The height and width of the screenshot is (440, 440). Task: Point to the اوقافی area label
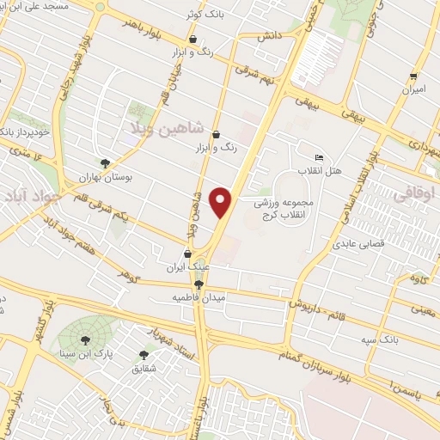tap(415, 195)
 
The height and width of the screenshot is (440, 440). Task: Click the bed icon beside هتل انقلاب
tap(320, 157)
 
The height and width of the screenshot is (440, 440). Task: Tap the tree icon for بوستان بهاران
tap(105, 162)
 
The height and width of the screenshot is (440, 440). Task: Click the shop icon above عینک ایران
tap(188, 254)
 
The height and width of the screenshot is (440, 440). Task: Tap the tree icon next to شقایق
tap(144, 354)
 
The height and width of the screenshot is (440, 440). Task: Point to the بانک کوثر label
tap(203, 15)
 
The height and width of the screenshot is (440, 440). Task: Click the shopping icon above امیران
tap(413, 76)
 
